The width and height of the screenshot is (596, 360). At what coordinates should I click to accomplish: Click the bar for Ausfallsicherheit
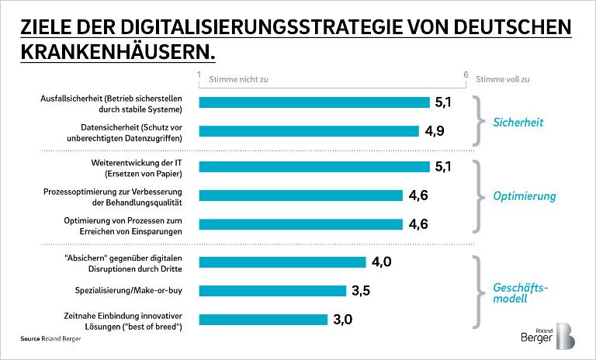314,102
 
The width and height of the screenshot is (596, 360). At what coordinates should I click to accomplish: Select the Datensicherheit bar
309,131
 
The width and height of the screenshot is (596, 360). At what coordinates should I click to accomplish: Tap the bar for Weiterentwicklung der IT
314,166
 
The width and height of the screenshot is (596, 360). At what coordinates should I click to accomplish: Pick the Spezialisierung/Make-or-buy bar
272,290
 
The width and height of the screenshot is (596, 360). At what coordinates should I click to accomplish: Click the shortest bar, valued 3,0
263,319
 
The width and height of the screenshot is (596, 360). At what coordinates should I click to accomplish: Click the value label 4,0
381,261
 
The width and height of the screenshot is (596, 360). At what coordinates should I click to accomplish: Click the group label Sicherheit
519,122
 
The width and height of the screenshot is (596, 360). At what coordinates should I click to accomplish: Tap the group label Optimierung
525,196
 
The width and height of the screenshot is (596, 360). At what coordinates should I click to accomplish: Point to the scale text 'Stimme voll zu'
501,79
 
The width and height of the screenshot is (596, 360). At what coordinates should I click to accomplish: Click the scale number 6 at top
465,74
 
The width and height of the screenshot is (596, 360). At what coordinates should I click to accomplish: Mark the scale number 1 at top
199,74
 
